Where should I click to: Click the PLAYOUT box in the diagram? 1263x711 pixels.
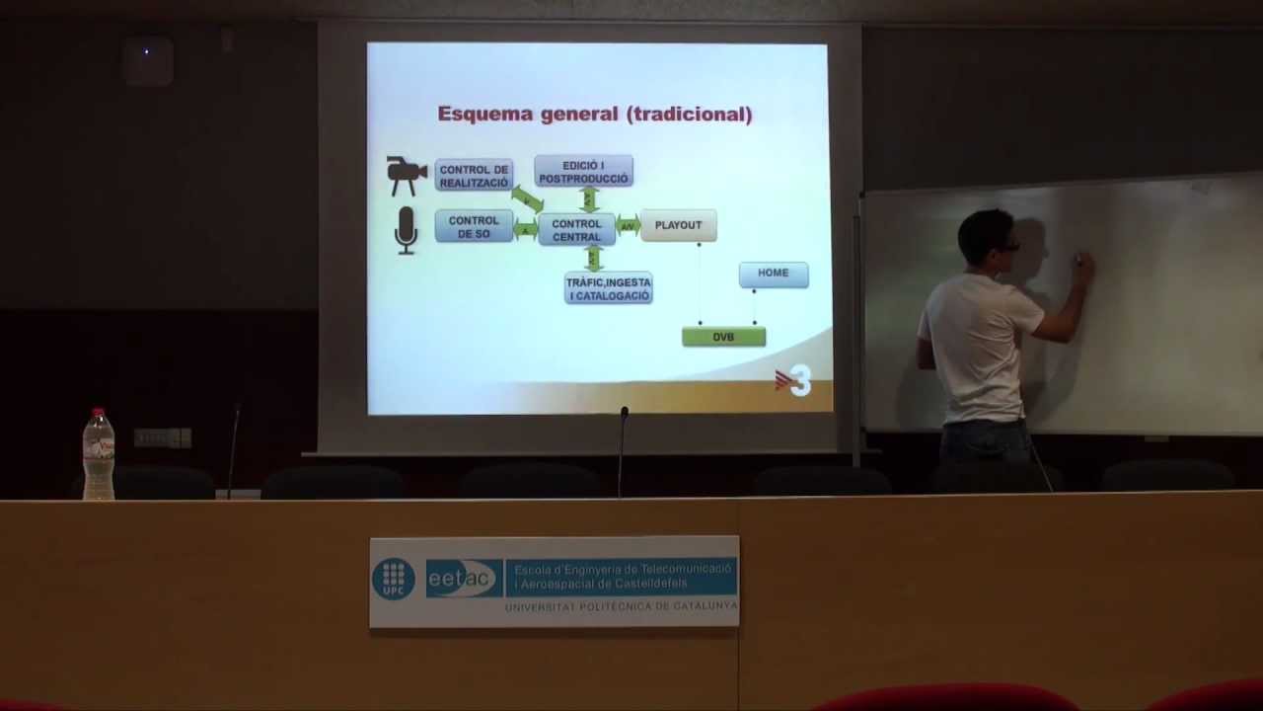pyautogui.click(x=678, y=225)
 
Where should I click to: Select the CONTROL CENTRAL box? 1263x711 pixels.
pyautogui.click(x=576, y=230)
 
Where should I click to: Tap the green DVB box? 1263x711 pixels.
pyautogui.click(x=723, y=337)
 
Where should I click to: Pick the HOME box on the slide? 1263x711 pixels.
pyautogui.click(x=773, y=274)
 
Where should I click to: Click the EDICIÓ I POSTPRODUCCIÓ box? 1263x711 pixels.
pyautogui.click(x=583, y=172)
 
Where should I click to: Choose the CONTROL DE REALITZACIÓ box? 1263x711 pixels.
pyautogui.click(x=474, y=176)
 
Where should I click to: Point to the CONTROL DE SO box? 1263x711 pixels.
pyautogui.click(x=474, y=227)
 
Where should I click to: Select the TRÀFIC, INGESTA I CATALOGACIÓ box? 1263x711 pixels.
pyautogui.click(x=608, y=288)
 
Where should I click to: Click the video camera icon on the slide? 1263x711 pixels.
pyautogui.click(x=406, y=175)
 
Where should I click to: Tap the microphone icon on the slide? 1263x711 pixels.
pyautogui.click(x=406, y=230)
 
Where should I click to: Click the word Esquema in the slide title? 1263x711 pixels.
pyautogui.click(x=484, y=114)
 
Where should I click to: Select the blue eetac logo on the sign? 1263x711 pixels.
pyautogui.click(x=464, y=579)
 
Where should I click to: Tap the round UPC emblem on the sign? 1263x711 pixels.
pyautogui.click(x=393, y=579)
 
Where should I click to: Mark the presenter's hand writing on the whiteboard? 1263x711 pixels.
pyautogui.click(x=1082, y=263)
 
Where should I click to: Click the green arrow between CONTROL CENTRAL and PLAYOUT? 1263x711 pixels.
pyautogui.click(x=628, y=226)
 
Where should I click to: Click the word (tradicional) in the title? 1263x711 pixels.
pyautogui.click(x=689, y=114)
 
